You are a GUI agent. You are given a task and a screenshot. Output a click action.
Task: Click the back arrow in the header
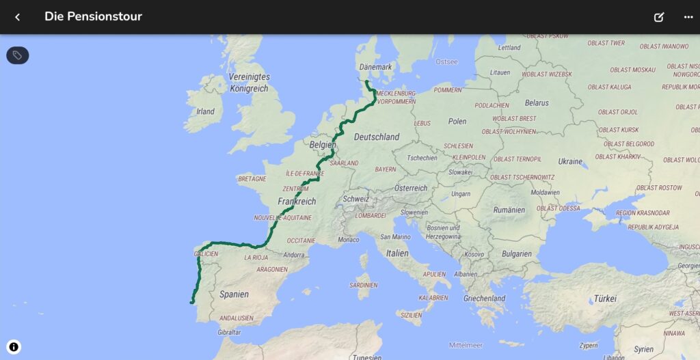[18, 17]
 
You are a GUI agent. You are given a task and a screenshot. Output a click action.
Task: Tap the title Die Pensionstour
[93, 16]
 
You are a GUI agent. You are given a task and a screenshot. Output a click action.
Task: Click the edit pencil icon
[659, 17]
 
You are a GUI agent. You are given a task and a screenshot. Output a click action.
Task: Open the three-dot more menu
[688, 17]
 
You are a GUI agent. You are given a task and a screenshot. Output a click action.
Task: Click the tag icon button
[18, 55]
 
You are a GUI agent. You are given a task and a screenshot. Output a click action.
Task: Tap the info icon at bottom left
[14, 347]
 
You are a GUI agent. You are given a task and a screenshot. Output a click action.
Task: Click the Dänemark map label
[375, 67]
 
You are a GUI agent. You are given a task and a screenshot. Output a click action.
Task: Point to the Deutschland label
[377, 137]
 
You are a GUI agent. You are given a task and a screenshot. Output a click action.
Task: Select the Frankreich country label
[297, 202]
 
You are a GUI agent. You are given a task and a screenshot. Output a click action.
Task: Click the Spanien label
[234, 294]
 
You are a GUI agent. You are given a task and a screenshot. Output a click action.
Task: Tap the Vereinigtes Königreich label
[250, 83]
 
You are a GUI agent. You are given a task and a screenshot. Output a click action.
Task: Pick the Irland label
[205, 111]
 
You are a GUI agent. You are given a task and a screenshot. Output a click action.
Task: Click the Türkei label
[605, 299]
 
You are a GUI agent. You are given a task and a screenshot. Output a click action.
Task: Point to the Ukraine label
[570, 162]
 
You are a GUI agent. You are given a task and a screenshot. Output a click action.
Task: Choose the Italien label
[397, 253]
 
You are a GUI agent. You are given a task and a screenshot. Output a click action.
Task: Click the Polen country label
[457, 122]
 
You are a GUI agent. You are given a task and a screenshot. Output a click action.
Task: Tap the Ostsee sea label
[446, 61]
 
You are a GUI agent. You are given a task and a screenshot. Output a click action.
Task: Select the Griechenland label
[484, 299]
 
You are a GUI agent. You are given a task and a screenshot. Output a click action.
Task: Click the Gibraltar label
[229, 332]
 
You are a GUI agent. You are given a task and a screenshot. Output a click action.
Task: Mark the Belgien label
[323, 146]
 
